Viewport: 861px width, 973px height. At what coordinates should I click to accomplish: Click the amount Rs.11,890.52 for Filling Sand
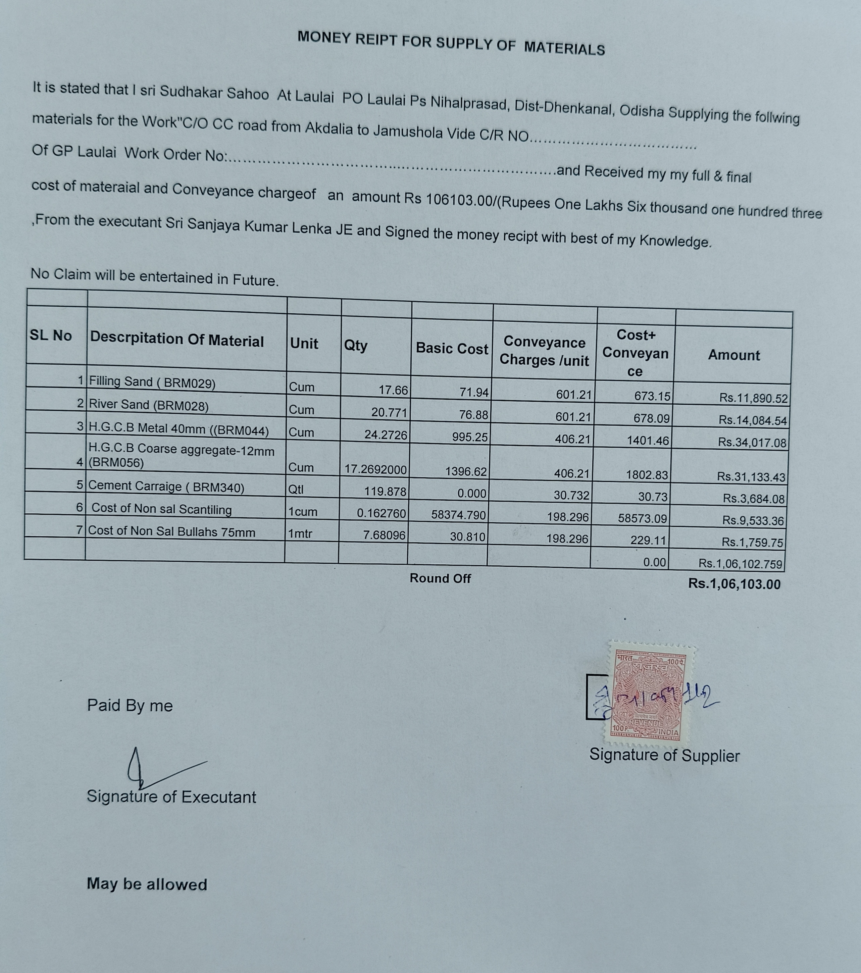(753, 398)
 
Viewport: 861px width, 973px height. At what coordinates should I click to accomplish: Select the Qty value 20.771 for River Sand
(389, 412)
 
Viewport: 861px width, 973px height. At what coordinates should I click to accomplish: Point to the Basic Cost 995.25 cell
(470, 437)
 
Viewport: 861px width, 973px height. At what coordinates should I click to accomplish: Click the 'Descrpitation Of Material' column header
(176, 340)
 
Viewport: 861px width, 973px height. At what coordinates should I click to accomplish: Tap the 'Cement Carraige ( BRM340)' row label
(166, 486)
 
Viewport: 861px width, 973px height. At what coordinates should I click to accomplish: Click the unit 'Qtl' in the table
(296, 490)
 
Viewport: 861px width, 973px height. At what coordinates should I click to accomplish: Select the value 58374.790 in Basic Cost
(458, 515)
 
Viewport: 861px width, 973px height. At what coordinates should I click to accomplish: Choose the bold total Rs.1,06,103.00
(734, 584)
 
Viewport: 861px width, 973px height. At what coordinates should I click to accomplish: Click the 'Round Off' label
(440, 578)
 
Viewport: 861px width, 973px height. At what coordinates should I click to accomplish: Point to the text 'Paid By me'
(130, 706)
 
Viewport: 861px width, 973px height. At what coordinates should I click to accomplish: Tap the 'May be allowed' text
(147, 884)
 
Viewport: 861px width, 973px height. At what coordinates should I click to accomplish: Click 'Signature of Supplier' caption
(664, 755)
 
